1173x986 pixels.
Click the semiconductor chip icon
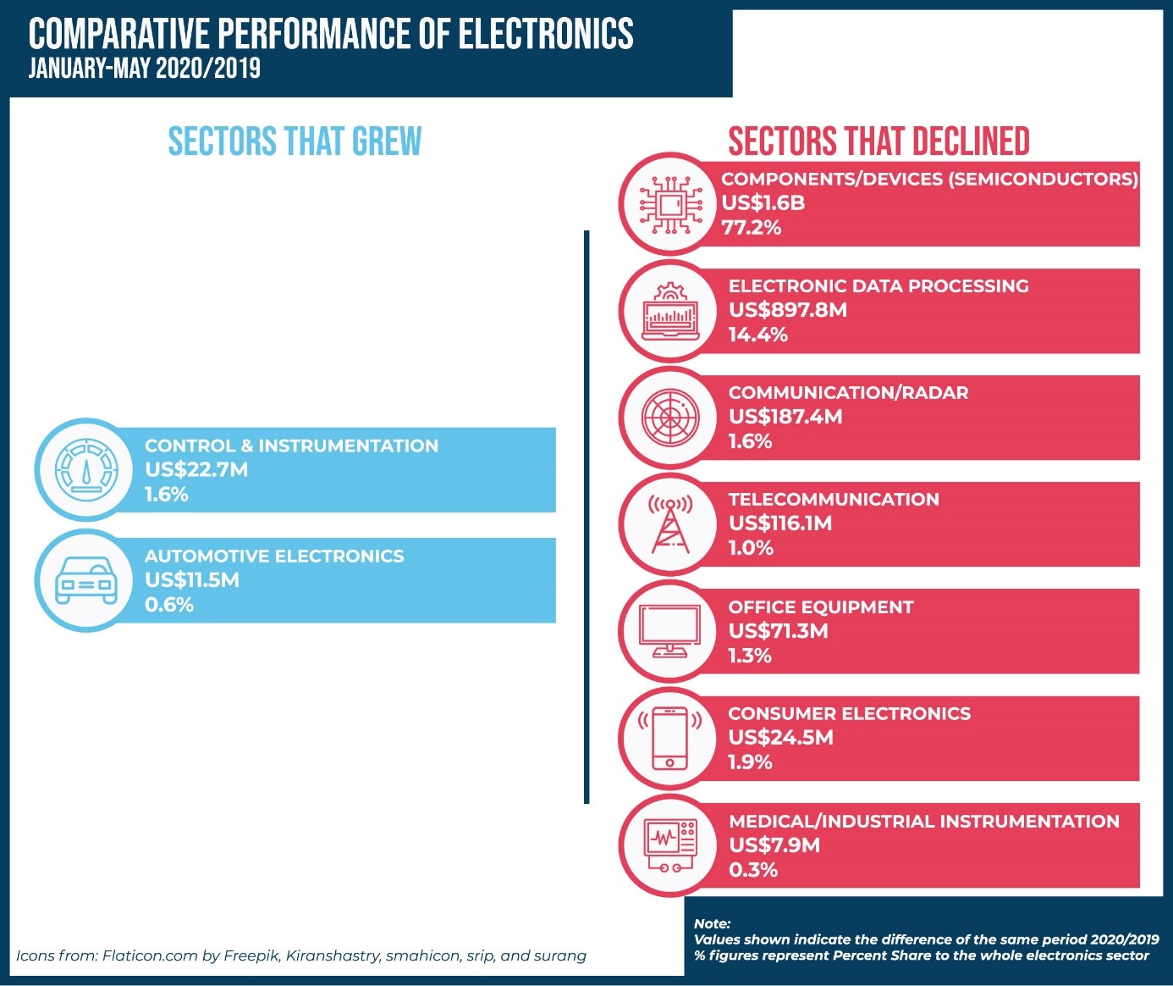coord(670,204)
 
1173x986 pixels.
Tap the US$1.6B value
coord(763,203)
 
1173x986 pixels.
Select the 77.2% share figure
coord(751,227)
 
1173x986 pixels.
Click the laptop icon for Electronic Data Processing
coord(670,312)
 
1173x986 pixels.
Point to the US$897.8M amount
coord(787,310)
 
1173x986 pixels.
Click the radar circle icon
coord(670,418)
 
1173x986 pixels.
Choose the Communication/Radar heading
coord(848,393)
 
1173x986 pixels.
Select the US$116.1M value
coord(779,523)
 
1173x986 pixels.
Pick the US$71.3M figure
coord(778,631)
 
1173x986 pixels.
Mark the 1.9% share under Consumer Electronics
coord(750,762)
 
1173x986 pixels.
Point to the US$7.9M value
coord(774,845)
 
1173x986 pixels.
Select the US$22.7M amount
coord(196,470)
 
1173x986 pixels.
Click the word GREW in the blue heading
coord(387,141)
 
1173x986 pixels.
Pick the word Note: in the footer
coord(712,924)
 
